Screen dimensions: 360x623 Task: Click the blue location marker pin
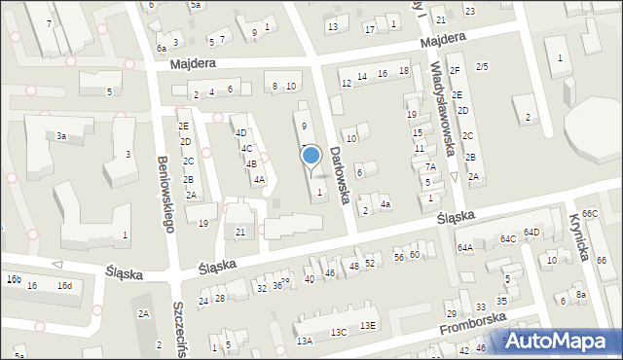coord(311,157)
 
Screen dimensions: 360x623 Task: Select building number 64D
coord(531,232)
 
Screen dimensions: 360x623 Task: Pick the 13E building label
coord(367,325)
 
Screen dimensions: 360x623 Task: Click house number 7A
coord(429,166)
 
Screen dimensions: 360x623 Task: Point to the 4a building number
coord(385,203)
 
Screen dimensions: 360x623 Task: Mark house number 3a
coord(60,136)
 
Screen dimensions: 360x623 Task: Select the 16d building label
coord(64,285)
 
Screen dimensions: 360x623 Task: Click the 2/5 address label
coord(482,66)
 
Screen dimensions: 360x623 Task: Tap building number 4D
coord(240,132)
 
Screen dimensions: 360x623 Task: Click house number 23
coord(469,11)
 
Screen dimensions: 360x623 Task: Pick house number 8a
coord(580,294)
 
